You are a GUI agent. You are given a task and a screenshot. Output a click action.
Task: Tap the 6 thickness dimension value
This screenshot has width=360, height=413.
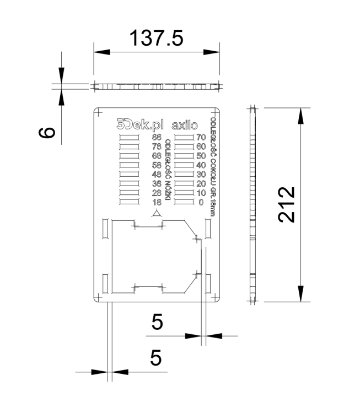pyautogui.click(x=48, y=132)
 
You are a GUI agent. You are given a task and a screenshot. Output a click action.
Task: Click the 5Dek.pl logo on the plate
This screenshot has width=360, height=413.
pyautogui.click(x=141, y=124)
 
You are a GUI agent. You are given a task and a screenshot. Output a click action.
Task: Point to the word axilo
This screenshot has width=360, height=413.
pyautogui.click(x=185, y=124)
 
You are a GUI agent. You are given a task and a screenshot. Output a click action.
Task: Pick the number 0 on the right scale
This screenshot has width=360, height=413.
pyautogui.click(x=200, y=203)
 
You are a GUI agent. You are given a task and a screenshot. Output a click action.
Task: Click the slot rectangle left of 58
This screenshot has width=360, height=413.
pyautogui.click(x=130, y=165)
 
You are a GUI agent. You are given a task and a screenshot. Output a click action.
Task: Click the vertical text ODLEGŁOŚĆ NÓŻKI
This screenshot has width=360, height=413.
pyautogui.click(x=168, y=171)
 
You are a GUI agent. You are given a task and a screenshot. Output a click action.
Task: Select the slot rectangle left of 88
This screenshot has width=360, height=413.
pyautogui.click(x=130, y=137)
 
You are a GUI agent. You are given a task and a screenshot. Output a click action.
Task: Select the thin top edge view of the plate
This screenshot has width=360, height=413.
pyautogui.click(x=157, y=86)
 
